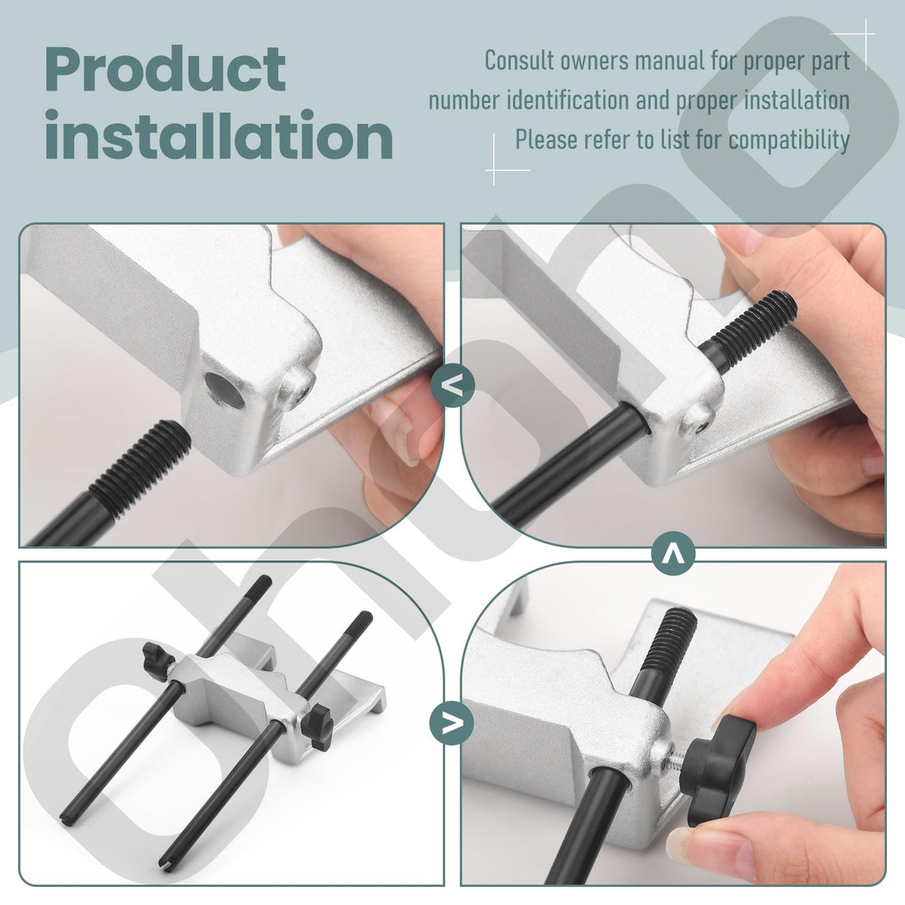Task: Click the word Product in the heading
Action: click(x=165, y=69)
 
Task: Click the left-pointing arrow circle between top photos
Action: click(x=452, y=385)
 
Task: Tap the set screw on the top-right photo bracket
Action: click(x=698, y=422)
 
